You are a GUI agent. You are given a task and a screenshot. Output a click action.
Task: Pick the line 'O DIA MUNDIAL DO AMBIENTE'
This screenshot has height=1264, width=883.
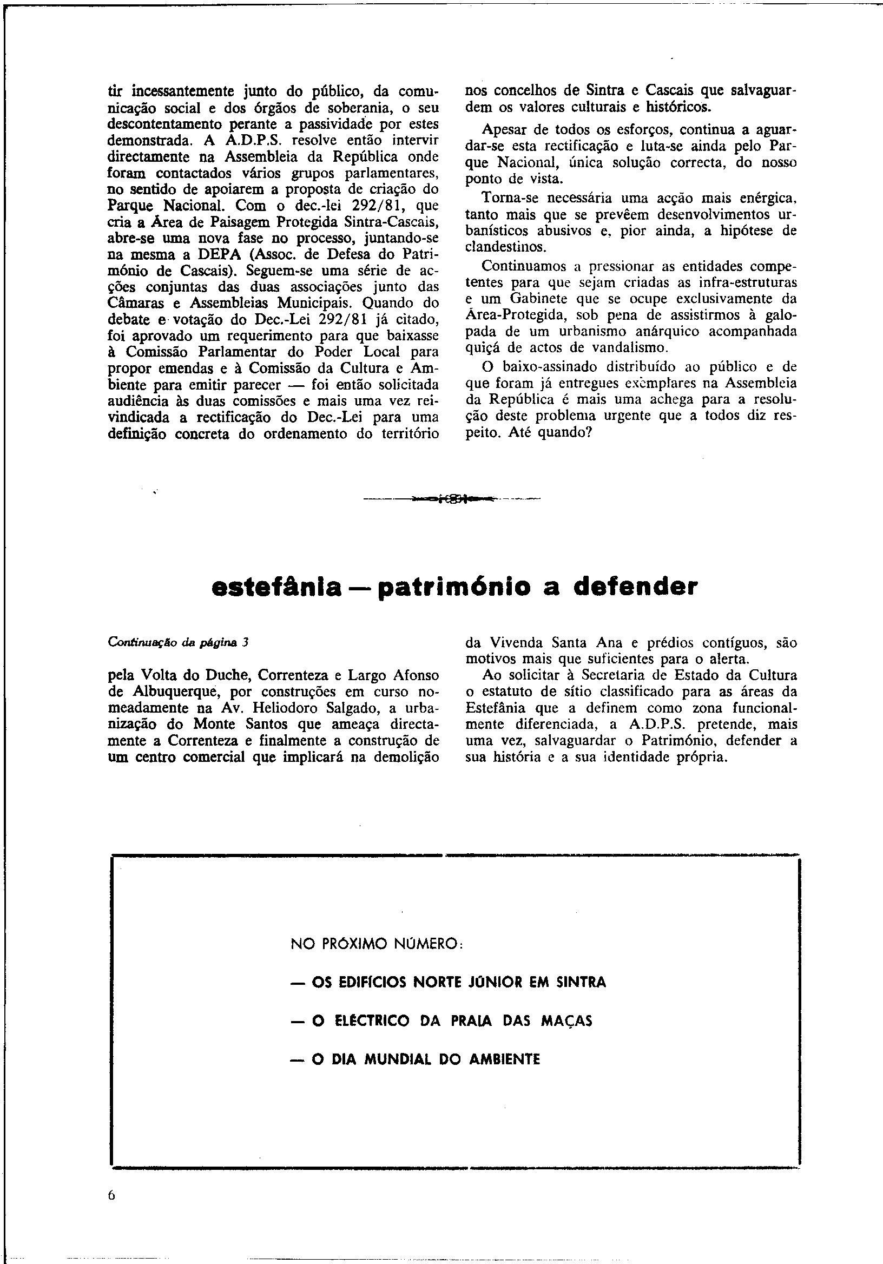pos(416,1060)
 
